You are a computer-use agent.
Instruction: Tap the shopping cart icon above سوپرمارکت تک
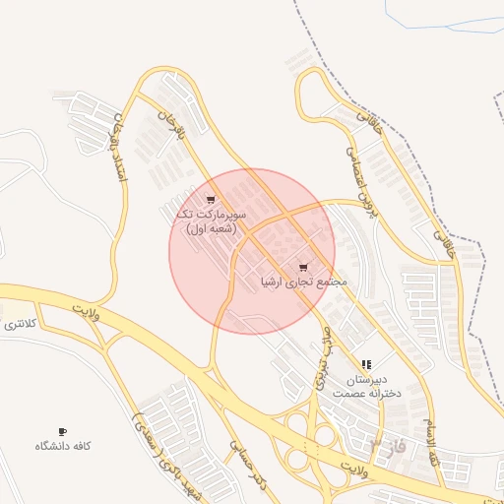[x=211, y=200]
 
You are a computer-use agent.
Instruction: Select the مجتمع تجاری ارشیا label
[x=304, y=282]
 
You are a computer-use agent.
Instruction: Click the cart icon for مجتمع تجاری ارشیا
[x=303, y=267]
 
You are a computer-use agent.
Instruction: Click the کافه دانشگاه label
[x=63, y=446]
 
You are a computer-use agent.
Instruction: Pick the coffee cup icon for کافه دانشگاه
[x=63, y=431]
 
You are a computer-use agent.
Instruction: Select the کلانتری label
[x=20, y=323]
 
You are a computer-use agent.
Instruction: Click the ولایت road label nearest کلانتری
[x=87, y=312]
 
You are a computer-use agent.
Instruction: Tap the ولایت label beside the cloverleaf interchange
[x=357, y=464]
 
